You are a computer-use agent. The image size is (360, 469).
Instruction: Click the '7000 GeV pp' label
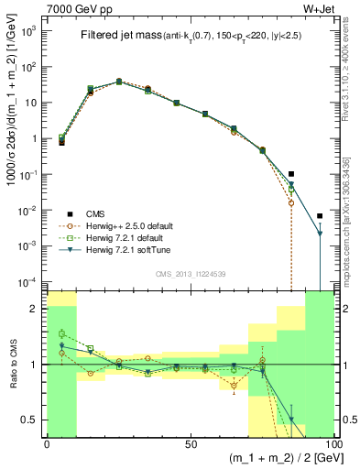coord(73,8)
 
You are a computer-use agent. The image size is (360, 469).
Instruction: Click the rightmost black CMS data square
coord(320,216)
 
